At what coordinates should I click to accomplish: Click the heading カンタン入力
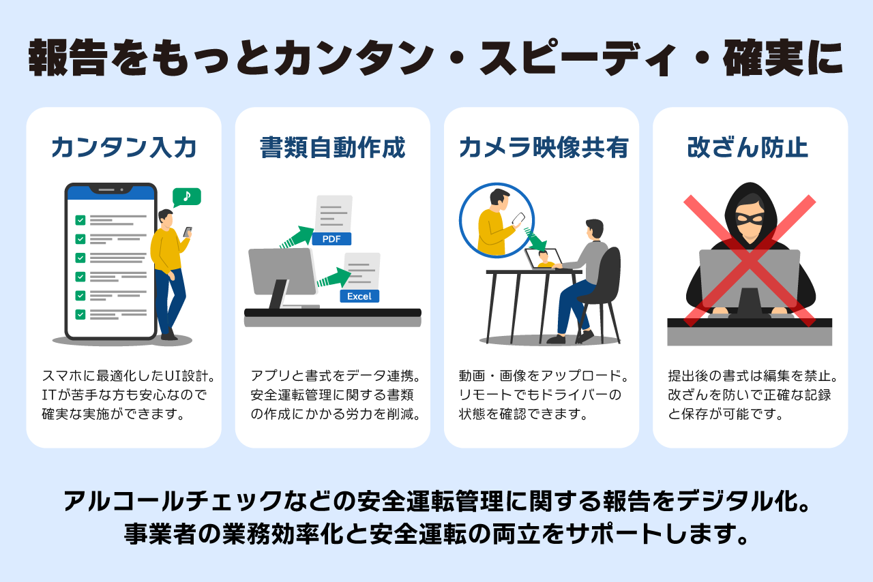click(x=123, y=148)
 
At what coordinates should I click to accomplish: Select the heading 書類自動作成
click(x=332, y=148)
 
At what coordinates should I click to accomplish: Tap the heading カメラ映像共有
click(x=542, y=148)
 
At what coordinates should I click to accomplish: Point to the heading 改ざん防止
click(x=750, y=148)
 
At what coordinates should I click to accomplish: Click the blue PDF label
click(x=331, y=239)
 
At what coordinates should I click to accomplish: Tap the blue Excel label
click(x=359, y=296)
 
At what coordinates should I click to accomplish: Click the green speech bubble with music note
click(x=186, y=197)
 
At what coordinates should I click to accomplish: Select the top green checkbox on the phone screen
click(x=80, y=219)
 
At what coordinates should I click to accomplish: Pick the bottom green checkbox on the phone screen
click(x=80, y=314)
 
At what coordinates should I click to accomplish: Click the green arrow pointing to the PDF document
click(x=295, y=236)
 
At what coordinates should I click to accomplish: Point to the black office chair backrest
click(x=608, y=273)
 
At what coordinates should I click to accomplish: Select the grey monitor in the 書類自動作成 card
click(x=281, y=271)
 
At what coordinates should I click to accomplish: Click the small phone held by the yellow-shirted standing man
click(x=188, y=232)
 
